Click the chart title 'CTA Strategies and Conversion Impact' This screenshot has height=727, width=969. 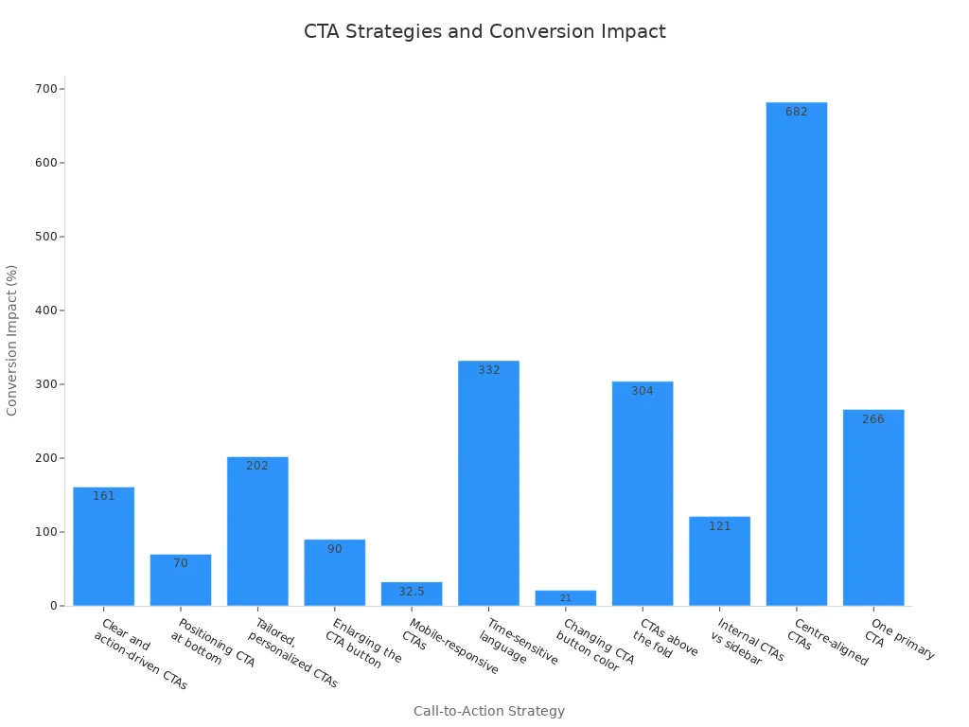pyautogui.click(x=484, y=32)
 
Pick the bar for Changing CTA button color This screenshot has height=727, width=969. pyautogui.click(x=565, y=598)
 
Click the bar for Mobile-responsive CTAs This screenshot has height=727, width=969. pyautogui.click(x=412, y=594)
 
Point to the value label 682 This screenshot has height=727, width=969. pyautogui.click(x=796, y=112)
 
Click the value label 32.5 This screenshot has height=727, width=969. pyautogui.click(x=412, y=592)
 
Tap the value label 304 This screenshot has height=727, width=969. pyautogui.click(x=643, y=391)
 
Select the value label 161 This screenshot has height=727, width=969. pyautogui.click(x=103, y=496)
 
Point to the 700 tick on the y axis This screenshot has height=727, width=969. pyautogui.click(x=45, y=89)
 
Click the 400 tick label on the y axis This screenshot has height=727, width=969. pyautogui.click(x=45, y=310)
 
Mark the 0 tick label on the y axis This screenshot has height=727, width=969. pyautogui.click(x=53, y=606)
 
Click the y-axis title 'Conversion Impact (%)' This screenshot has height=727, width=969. pyautogui.click(x=12, y=340)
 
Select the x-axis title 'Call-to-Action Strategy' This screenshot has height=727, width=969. pyautogui.click(x=488, y=711)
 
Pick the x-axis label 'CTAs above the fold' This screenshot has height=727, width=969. pyautogui.click(x=664, y=640)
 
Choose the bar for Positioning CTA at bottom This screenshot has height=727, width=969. pyautogui.click(x=181, y=581)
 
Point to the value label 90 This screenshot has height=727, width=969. pyautogui.click(x=334, y=549)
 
